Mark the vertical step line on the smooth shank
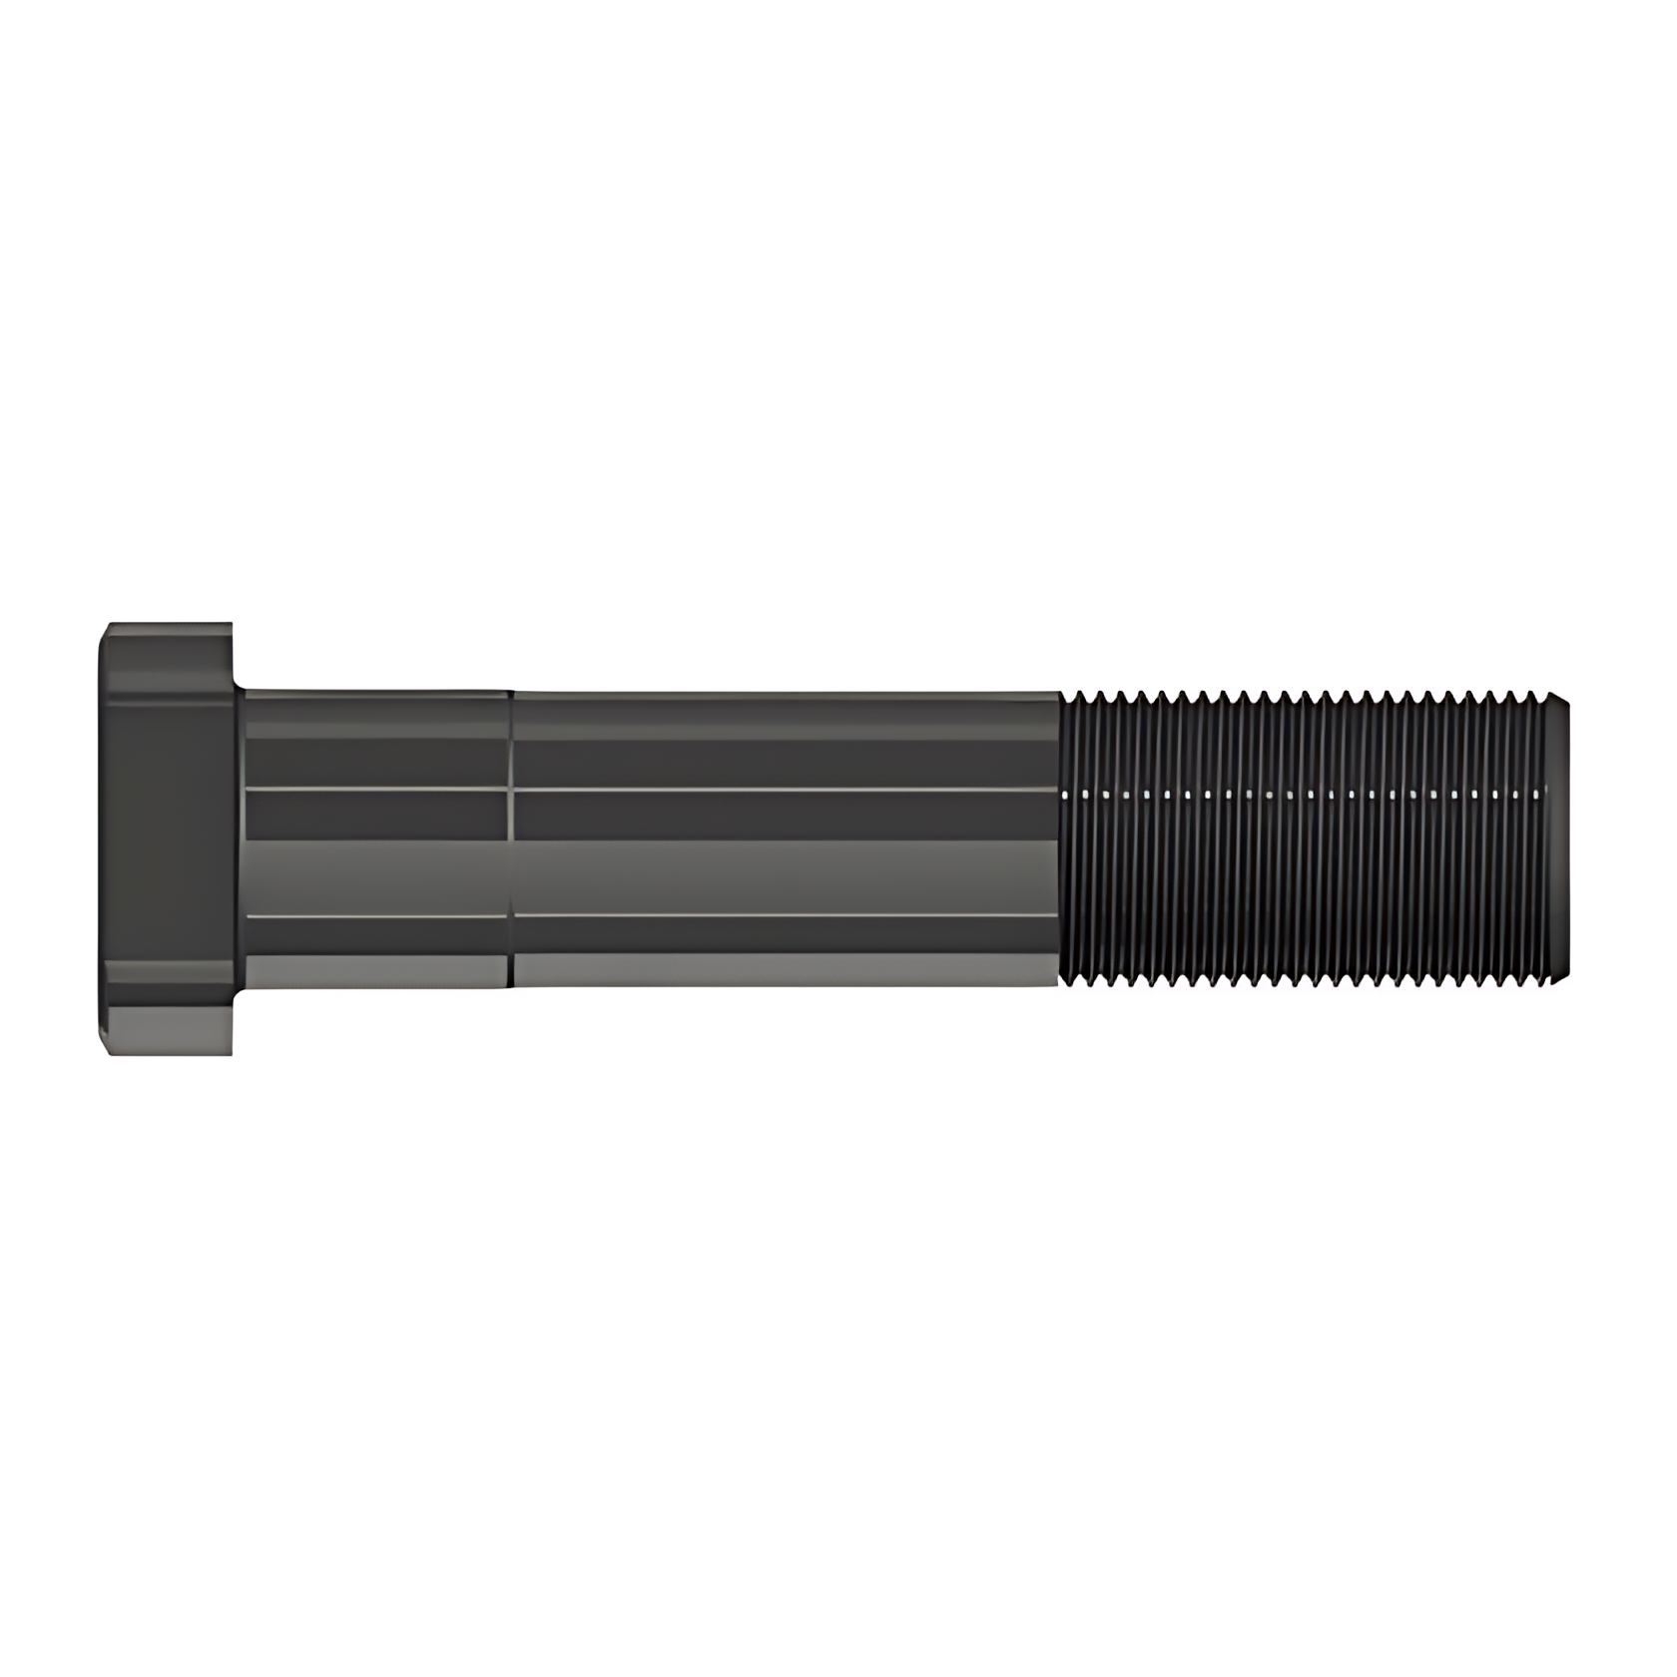click(x=511, y=838)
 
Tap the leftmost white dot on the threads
click(x=1068, y=796)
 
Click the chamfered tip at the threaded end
click(x=1560, y=838)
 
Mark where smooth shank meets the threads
click(x=1059, y=838)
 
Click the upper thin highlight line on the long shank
click(x=785, y=790)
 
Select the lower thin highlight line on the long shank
click(x=785, y=914)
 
